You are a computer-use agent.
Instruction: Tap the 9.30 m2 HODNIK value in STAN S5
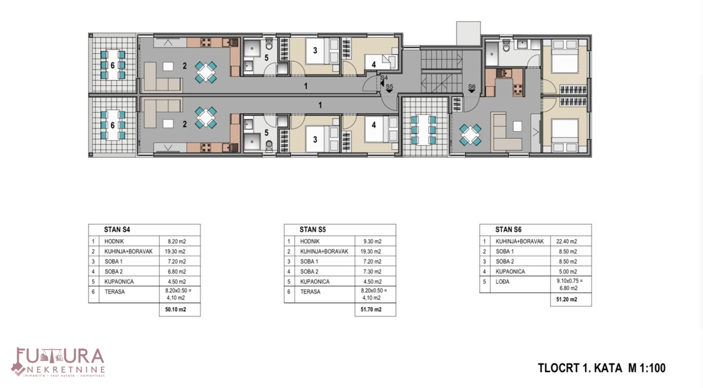(x=368, y=241)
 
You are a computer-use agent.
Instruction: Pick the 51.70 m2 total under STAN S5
(x=369, y=309)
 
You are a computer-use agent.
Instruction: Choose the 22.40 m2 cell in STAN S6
(x=565, y=241)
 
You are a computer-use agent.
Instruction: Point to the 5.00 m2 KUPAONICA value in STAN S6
(x=565, y=271)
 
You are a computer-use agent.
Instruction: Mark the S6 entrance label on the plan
(x=472, y=87)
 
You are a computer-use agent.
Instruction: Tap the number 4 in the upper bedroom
(x=373, y=64)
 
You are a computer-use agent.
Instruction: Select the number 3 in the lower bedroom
(x=315, y=139)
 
